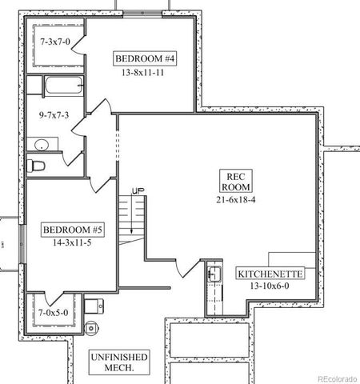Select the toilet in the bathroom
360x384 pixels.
point(37,166)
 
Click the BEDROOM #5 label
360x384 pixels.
point(73,230)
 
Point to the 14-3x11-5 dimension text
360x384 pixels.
point(73,242)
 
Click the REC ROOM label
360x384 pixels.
point(235,180)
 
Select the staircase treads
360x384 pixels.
point(130,216)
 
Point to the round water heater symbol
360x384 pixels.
point(91,327)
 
